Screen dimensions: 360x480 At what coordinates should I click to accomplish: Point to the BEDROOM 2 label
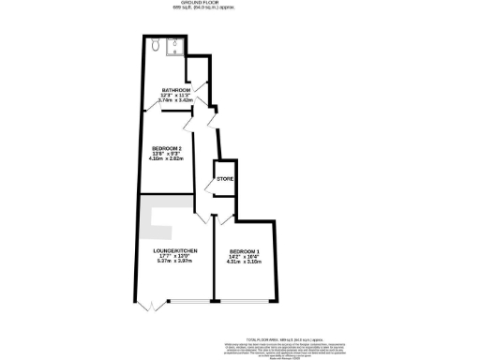click(x=167, y=149)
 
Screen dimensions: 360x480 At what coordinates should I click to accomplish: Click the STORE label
click(x=225, y=178)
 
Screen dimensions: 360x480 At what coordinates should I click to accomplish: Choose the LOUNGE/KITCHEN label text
click(x=173, y=250)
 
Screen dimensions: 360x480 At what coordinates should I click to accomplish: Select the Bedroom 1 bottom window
click(x=244, y=302)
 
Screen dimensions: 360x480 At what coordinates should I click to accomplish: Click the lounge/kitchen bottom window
click(x=187, y=302)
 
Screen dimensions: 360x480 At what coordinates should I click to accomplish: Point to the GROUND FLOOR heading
click(x=239, y=4)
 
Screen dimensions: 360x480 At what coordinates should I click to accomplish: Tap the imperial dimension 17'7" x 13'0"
click(x=173, y=257)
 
